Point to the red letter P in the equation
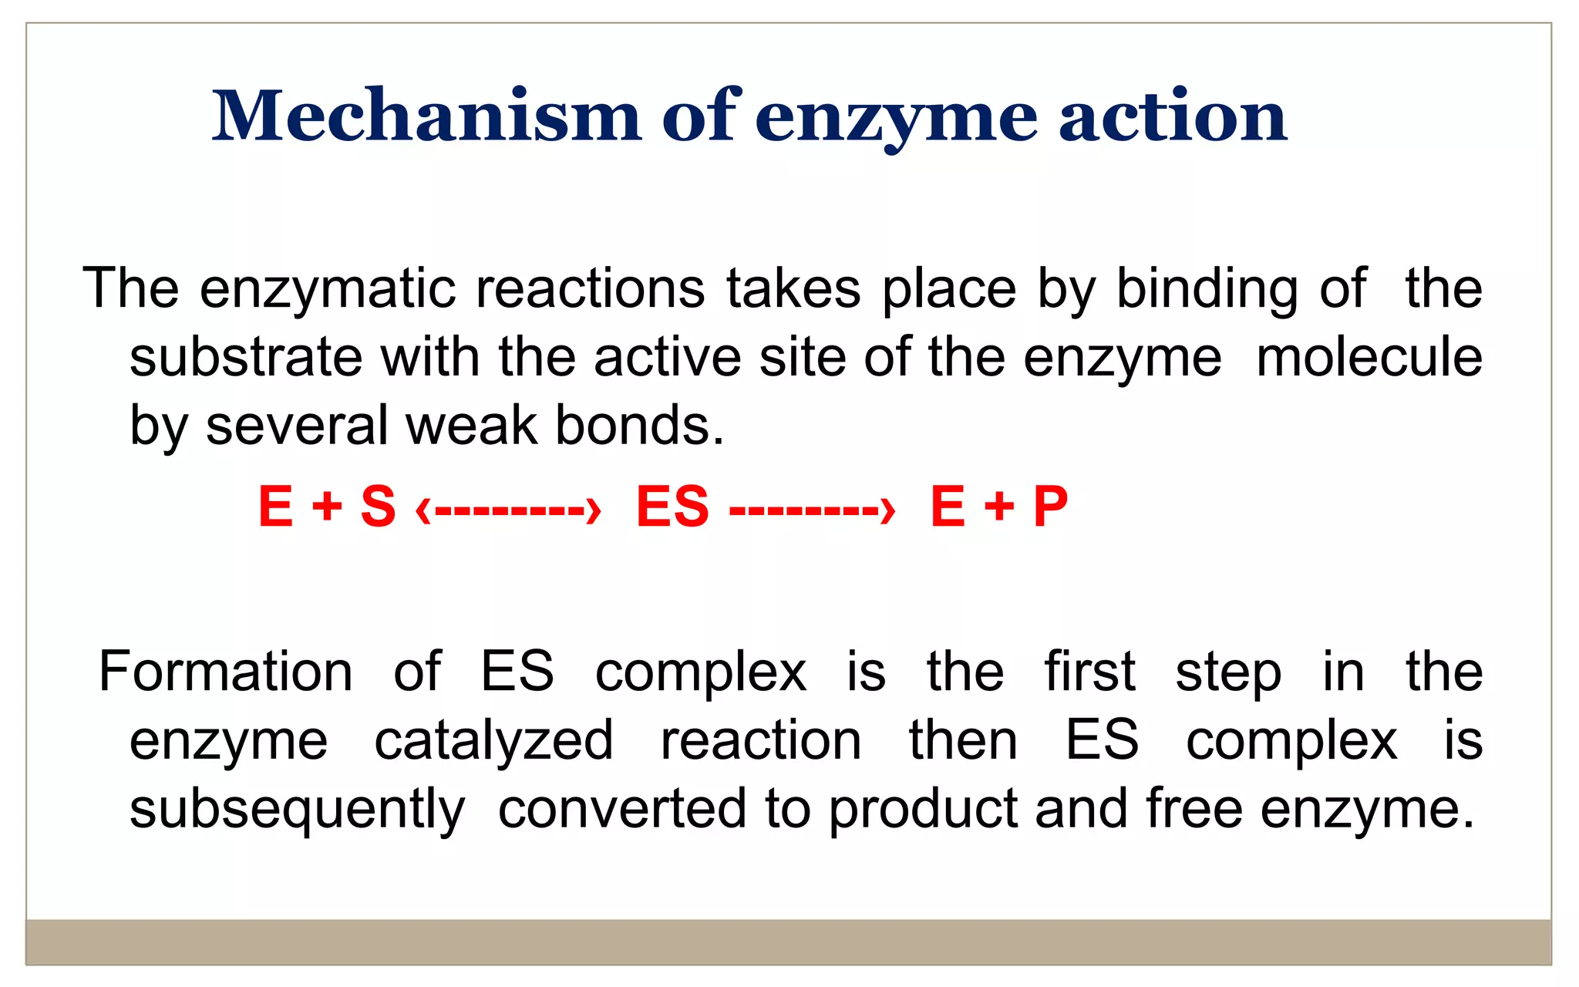pyautogui.click(x=1050, y=507)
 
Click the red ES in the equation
pyautogui.click(x=672, y=507)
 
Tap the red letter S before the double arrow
pyautogui.click(x=378, y=507)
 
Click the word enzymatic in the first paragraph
pyautogui.click(x=328, y=289)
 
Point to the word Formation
pyautogui.click(x=226, y=671)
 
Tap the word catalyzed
pyautogui.click(x=494, y=740)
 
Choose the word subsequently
pyautogui.click(x=297, y=809)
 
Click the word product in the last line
pyautogui.click(x=924, y=809)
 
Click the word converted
pyautogui.click(x=622, y=809)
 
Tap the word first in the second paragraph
pyautogui.click(x=1089, y=671)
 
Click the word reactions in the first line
pyautogui.click(x=590, y=289)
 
